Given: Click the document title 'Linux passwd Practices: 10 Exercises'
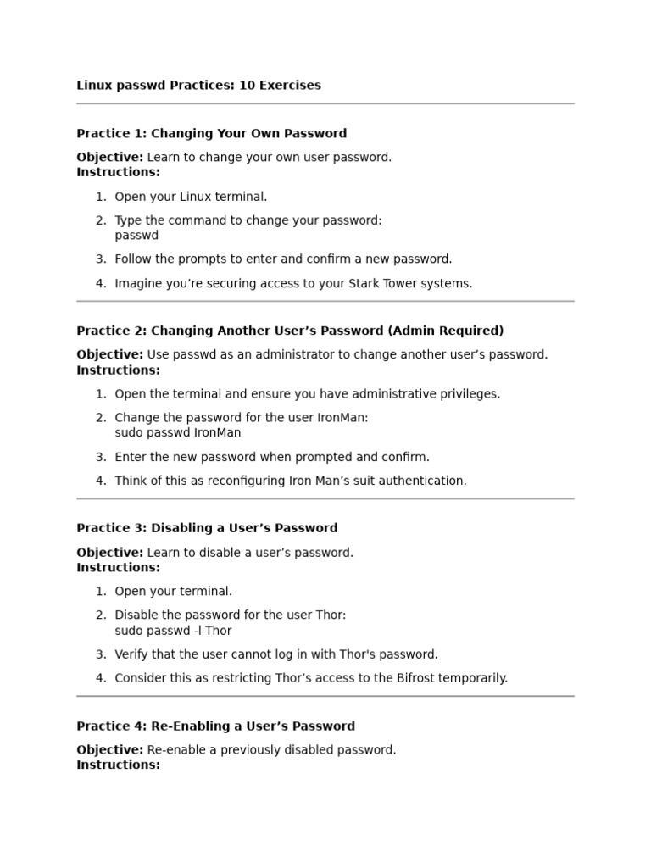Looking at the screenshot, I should coord(198,86).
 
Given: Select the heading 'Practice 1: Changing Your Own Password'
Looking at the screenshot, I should coord(211,134).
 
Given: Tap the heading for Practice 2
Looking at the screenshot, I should coord(290,331).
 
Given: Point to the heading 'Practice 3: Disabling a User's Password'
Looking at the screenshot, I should coord(207,529).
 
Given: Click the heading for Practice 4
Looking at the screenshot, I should coord(215,726).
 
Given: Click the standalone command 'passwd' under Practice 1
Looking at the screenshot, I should coord(136,236).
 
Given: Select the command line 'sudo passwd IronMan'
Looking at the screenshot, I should coord(178,433).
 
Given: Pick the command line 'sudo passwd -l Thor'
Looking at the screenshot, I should coord(173,631).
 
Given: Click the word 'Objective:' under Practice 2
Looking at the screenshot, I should coord(109,355).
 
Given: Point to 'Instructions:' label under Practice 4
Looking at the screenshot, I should coord(118,765).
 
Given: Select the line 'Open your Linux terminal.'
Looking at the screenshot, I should coord(191,197).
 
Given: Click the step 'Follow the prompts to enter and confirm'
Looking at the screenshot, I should coord(283,259).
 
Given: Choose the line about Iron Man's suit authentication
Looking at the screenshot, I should coord(291,481).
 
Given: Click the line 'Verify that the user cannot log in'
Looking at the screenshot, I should coord(276,654).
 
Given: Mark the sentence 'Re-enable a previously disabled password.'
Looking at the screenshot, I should coord(271,750).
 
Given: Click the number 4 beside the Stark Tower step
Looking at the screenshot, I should coord(100,284).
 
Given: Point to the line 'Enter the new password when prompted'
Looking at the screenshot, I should coord(272,457).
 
